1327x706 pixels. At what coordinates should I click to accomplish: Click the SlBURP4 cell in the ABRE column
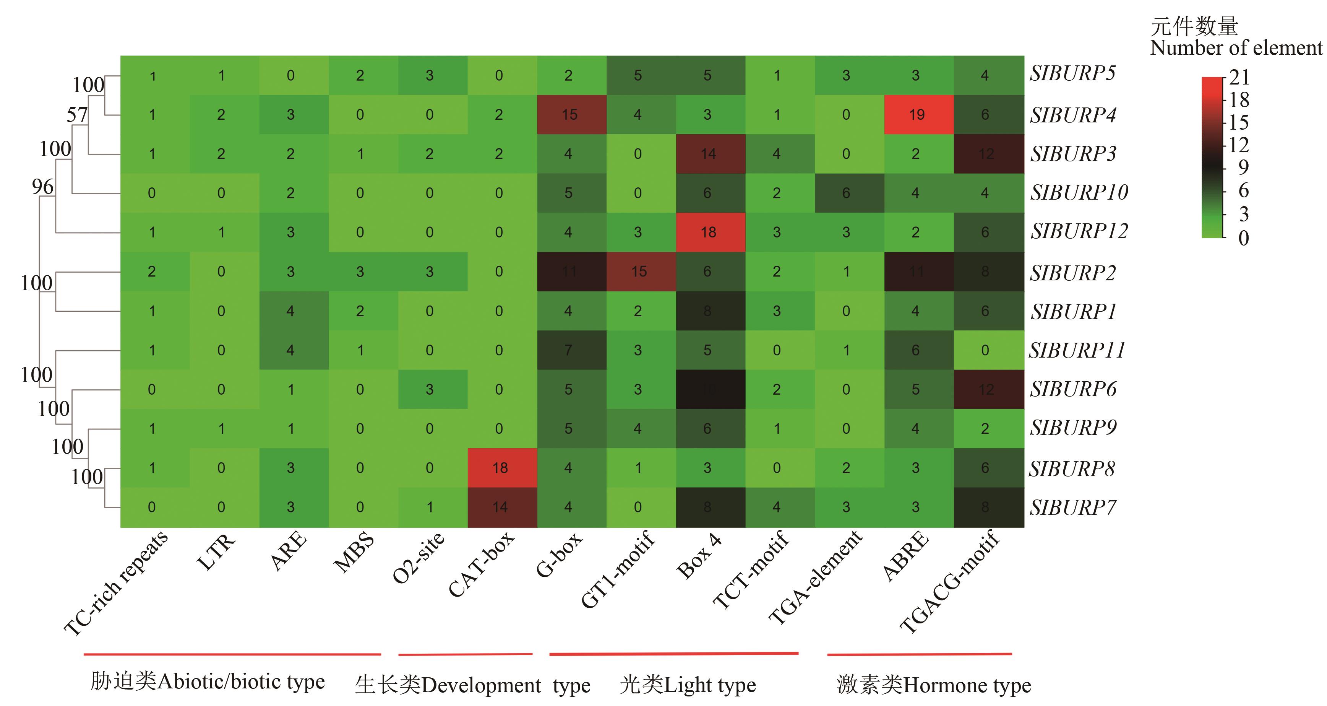pos(917,114)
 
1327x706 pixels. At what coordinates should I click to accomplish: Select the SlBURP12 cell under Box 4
pos(708,233)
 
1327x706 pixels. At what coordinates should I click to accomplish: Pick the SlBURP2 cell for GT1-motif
pos(639,272)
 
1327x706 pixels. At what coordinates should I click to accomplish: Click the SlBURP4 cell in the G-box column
pos(569,114)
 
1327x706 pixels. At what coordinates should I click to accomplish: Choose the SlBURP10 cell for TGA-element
pos(846,193)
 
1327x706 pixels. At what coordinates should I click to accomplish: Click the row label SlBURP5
pos(1072,74)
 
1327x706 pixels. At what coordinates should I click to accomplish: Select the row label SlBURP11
pos(1077,350)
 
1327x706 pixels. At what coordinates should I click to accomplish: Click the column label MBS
pos(354,553)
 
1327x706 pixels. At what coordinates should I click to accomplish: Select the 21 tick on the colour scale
pos(1239,78)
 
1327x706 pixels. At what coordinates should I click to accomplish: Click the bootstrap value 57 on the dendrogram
pos(77,114)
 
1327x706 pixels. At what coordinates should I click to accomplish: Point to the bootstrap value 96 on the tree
pos(42,187)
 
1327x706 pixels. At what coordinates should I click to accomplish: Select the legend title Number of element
pos(1236,48)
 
